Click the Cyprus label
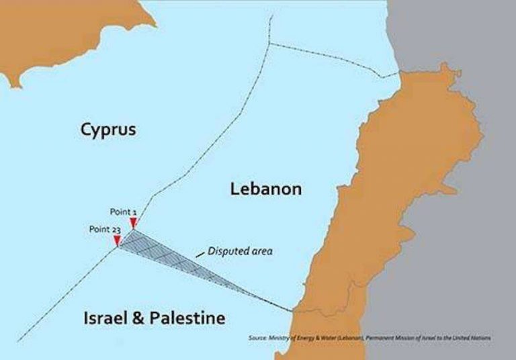pos(107,129)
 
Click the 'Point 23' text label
pos(104,229)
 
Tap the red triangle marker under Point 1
pos(134,224)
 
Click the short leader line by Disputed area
pos(200,255)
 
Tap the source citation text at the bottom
pos(369,338)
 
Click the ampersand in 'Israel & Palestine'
pos(139,318)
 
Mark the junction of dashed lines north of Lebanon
pos(269,44)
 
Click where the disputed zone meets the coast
pos(294,311)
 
